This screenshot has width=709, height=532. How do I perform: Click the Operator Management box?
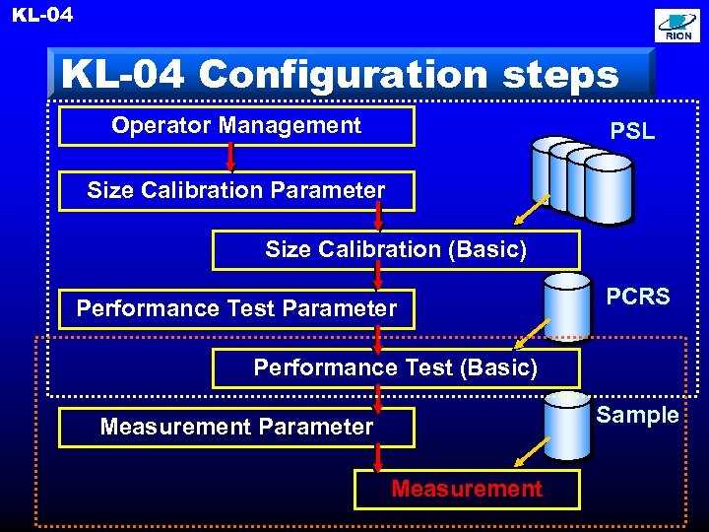236,126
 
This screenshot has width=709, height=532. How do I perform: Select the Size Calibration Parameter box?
236,190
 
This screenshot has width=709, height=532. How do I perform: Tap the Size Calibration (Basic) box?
396,250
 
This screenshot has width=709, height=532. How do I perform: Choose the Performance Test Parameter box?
236,308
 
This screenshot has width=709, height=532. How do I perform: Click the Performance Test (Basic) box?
396,368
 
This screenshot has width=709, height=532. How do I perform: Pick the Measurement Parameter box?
236,427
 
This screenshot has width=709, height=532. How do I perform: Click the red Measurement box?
467,489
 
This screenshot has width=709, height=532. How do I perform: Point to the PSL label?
632,131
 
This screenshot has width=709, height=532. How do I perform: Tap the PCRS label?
637,297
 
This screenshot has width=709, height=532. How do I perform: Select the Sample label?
637,415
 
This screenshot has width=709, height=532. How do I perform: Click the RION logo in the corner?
678,27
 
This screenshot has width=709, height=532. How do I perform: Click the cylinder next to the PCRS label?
567,305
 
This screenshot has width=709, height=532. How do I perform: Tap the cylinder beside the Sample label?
567,425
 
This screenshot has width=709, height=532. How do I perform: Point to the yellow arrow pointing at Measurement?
533,451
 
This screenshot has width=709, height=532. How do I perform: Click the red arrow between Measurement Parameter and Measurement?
378,458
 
